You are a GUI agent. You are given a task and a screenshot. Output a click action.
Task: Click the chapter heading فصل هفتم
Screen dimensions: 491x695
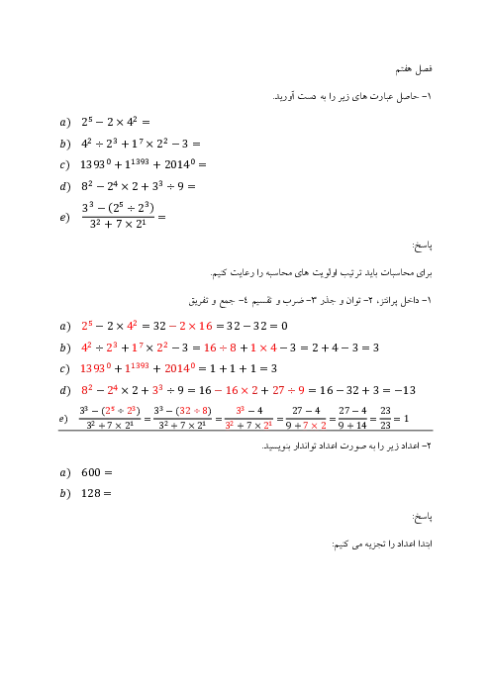[414, 69]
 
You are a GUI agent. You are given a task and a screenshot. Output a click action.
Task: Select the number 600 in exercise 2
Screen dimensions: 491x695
[91, 472]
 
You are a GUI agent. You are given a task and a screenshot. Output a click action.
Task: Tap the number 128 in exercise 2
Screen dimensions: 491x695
[90, 493]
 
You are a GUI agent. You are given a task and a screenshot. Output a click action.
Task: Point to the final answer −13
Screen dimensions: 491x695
[405, 390]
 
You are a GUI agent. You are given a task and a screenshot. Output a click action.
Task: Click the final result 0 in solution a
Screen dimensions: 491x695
[284, 327]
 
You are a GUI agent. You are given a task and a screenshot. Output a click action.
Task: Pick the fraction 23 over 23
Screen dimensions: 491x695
[385, 419]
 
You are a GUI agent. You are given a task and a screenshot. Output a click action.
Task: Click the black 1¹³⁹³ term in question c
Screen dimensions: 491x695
[137, 163]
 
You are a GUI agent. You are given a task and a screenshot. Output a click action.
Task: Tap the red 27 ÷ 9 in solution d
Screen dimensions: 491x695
[288, 390]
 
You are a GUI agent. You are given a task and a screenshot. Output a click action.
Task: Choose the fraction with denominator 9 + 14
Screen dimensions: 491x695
[352, 419]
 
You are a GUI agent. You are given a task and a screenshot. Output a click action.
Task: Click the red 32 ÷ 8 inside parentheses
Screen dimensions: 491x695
[195, 411]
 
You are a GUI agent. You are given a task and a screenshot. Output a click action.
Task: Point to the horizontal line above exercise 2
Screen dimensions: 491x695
[245, 431]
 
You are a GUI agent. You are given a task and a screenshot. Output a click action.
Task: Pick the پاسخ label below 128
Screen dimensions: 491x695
[422, 517]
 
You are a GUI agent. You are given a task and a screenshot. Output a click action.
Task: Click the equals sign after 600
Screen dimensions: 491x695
[108, 473]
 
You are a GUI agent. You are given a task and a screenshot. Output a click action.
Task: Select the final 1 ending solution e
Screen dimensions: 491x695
[406, 419]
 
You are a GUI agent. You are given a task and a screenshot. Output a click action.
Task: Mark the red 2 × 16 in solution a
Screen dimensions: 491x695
[195, 327]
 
